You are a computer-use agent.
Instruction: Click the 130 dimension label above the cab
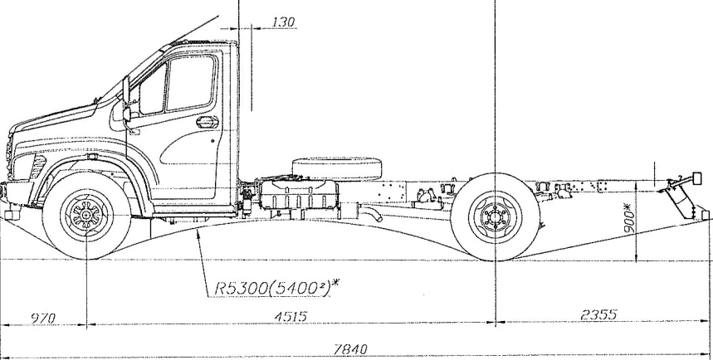284,22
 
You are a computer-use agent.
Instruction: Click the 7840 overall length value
350,349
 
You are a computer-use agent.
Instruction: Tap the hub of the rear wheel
496,218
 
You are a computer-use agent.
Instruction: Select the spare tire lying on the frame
335,167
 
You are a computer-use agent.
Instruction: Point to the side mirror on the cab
127,104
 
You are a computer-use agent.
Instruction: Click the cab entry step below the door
183,217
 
